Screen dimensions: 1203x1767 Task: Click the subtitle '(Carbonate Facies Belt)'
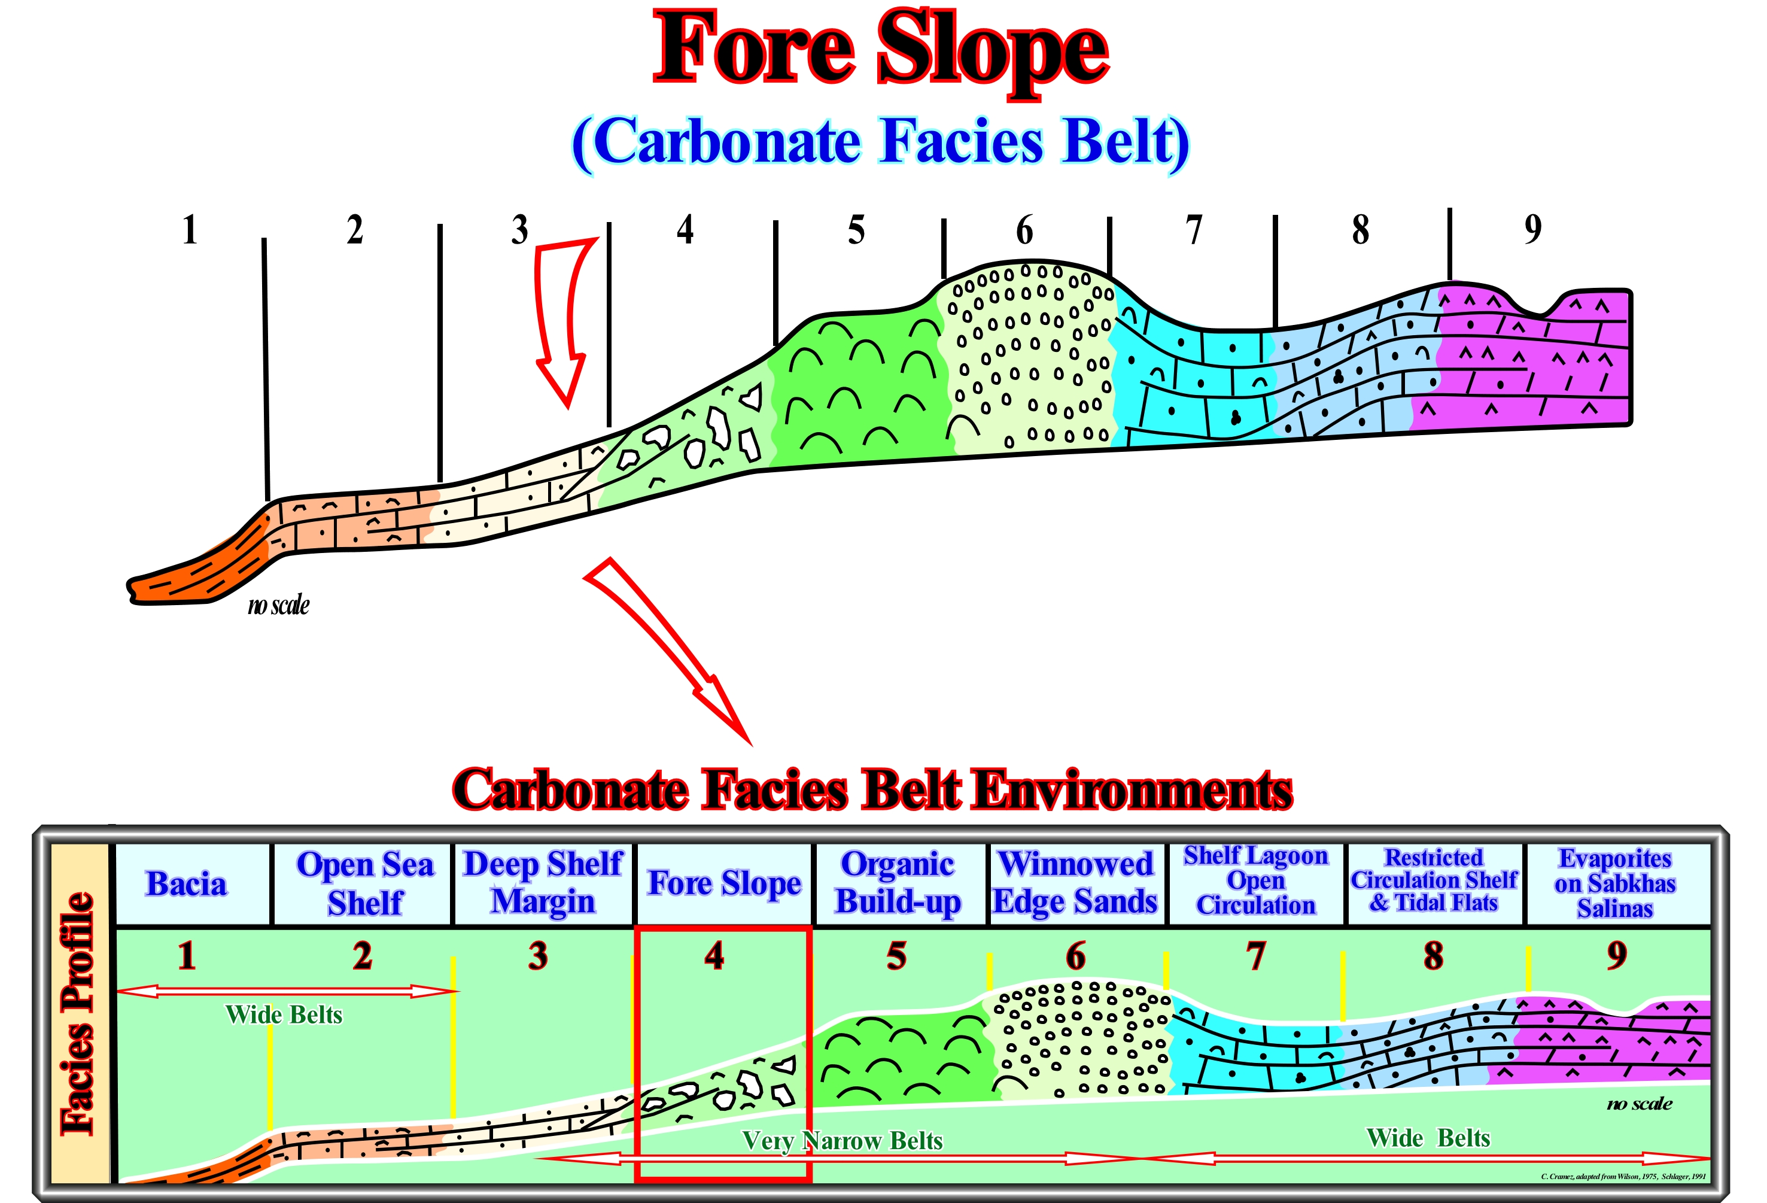coord(880,142)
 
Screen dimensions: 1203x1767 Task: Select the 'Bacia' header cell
coord(187,883)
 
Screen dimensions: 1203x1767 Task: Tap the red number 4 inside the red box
coord(714,956)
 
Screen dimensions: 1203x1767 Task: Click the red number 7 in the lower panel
coord(1256,956)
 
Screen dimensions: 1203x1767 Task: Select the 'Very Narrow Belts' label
coord(842,1141)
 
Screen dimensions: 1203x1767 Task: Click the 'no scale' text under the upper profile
coord(278,605)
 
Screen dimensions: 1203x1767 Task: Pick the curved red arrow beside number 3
coord(562,320)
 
